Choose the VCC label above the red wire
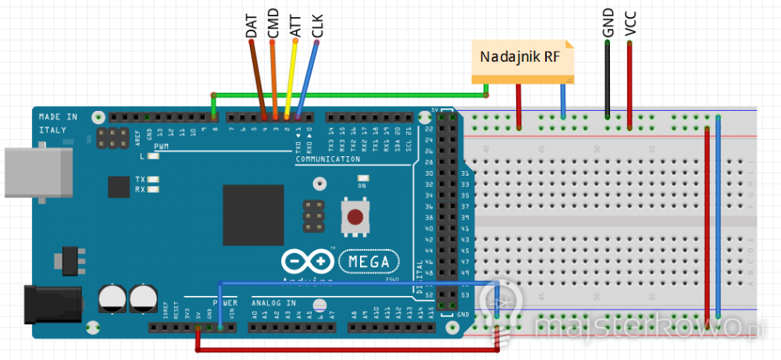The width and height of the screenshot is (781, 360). [629, 23]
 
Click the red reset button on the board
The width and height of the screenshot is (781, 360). [356, 215]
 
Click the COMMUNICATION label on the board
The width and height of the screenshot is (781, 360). [328, 159]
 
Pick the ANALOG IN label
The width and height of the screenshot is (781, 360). [273, 301]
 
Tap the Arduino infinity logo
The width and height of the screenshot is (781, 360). [306, 262]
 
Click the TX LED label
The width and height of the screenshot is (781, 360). [141, 179]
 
